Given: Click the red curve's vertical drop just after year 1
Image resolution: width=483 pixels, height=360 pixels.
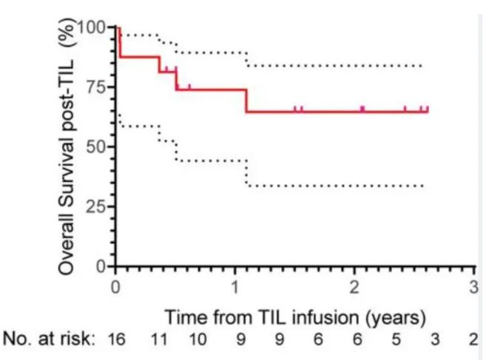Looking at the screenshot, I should (246, 101).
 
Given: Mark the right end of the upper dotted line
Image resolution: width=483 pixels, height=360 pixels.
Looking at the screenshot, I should (422, 66).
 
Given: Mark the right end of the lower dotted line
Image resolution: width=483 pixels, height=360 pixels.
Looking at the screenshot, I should (423, 186).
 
